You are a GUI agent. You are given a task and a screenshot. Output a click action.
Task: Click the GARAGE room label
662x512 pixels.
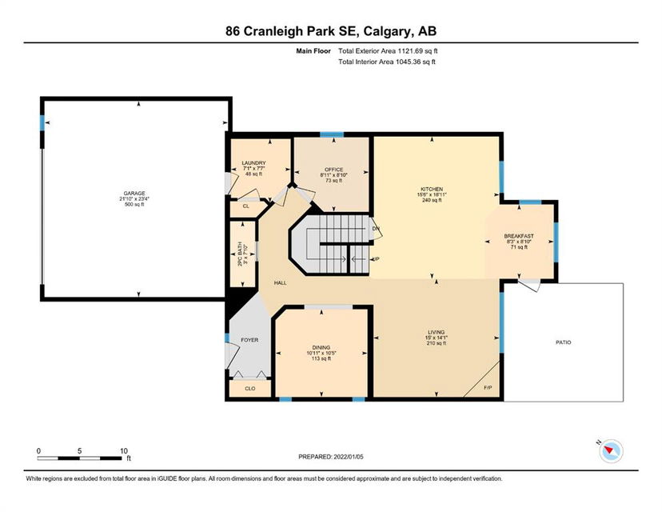tap(134, 194)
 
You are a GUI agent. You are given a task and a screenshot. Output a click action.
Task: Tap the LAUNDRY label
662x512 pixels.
tap(253, 163)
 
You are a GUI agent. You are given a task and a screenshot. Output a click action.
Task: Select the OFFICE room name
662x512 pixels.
tap(334, 170)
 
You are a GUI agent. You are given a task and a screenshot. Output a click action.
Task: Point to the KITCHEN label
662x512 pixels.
tap(432, 190)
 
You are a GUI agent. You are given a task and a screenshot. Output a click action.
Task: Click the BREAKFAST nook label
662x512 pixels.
tap(519, 236)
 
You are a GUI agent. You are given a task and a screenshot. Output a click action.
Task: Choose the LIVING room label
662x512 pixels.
tap(436, 333)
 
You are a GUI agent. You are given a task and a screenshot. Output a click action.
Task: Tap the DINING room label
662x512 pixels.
tap(321, 348)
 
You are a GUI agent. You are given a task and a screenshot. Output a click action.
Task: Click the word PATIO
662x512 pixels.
tap(563, 342)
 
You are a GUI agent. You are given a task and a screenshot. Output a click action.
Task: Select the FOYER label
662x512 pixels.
tap(249, 340)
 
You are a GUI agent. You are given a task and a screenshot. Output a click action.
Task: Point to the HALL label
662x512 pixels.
tap(280, 283)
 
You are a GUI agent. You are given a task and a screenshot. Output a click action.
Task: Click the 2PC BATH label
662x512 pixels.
tap(240, 254)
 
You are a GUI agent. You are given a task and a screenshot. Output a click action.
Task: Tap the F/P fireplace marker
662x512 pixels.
tap(488, 388)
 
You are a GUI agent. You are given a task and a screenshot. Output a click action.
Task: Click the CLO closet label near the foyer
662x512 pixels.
tap(250, 389)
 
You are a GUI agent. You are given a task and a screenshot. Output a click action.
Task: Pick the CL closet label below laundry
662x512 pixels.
tap(245, 206)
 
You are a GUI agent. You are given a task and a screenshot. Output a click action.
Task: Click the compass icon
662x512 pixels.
tap(611, 450)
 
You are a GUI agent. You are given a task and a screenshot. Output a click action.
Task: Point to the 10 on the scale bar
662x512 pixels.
tap(124, 451)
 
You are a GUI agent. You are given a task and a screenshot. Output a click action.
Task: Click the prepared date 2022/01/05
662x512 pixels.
tap(349, 457)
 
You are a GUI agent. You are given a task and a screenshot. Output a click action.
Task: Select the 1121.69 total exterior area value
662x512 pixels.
tap(409, 51)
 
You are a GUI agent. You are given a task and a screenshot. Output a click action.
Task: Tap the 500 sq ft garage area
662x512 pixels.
tap(134, 205)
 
